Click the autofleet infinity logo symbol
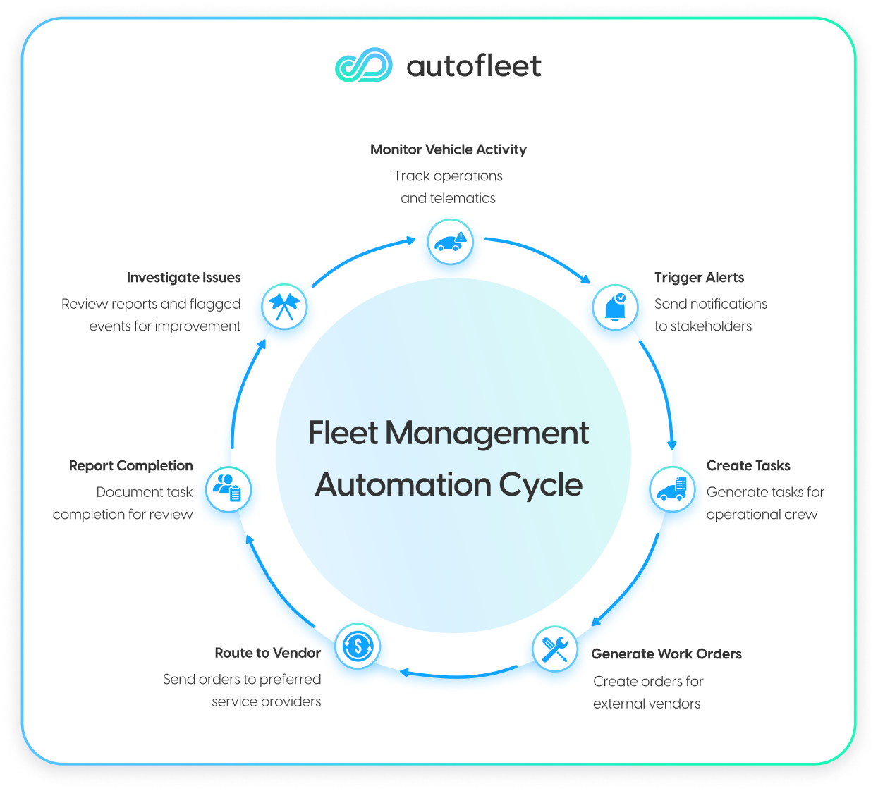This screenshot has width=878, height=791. tap(364, 66)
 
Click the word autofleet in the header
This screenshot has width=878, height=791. tap(474, 66)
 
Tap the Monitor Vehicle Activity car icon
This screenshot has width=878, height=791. tap(450, 242)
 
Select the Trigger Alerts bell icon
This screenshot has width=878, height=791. tap(615, 307)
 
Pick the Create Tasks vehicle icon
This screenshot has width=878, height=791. tap(671, 489)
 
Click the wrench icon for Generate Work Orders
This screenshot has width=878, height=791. tap(554, 649)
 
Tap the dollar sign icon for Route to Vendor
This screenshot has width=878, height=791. tap(358, 646)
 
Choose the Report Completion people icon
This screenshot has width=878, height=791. tap(228, 489)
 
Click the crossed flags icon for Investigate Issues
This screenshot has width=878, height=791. tap(284, 307)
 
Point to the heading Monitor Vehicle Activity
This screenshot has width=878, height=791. tap(448, 149)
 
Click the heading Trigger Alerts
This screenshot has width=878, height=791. tap(699, 278)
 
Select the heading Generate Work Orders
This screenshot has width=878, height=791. tap(666, 654)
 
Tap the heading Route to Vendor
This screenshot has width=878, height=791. tap(267, 653)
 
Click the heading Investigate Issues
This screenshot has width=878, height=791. tap(183, 278)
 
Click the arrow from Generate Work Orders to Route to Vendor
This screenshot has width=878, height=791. tap(458, 675)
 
